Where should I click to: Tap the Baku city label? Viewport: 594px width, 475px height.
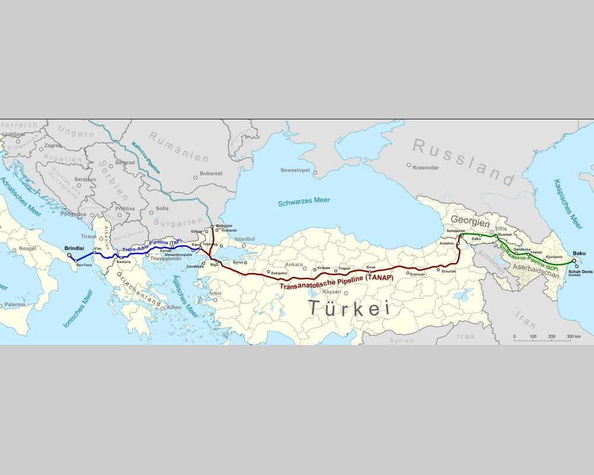[x=579, y=254]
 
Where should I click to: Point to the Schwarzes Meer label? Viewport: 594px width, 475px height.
[x=304, y=203]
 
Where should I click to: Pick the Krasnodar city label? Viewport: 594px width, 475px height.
[x=426, y=167]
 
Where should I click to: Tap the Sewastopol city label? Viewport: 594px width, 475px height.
[x=297, y=170]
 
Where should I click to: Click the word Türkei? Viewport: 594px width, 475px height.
[x=348, y=308]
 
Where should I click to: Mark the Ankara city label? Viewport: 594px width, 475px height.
[x=294, y=264]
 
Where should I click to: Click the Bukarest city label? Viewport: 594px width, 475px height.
[x=211, y=173]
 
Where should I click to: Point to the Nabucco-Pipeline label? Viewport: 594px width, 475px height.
[x=146, y=156]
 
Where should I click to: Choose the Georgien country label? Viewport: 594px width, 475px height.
[x=470, y=224]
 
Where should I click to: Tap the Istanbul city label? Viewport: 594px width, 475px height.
[x=244, y=239]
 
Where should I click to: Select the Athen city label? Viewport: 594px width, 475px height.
[x=174, y=307]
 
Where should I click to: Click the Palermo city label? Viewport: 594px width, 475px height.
[x=14, y=304]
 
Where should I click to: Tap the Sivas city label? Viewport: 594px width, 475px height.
[x=371, y=268]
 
